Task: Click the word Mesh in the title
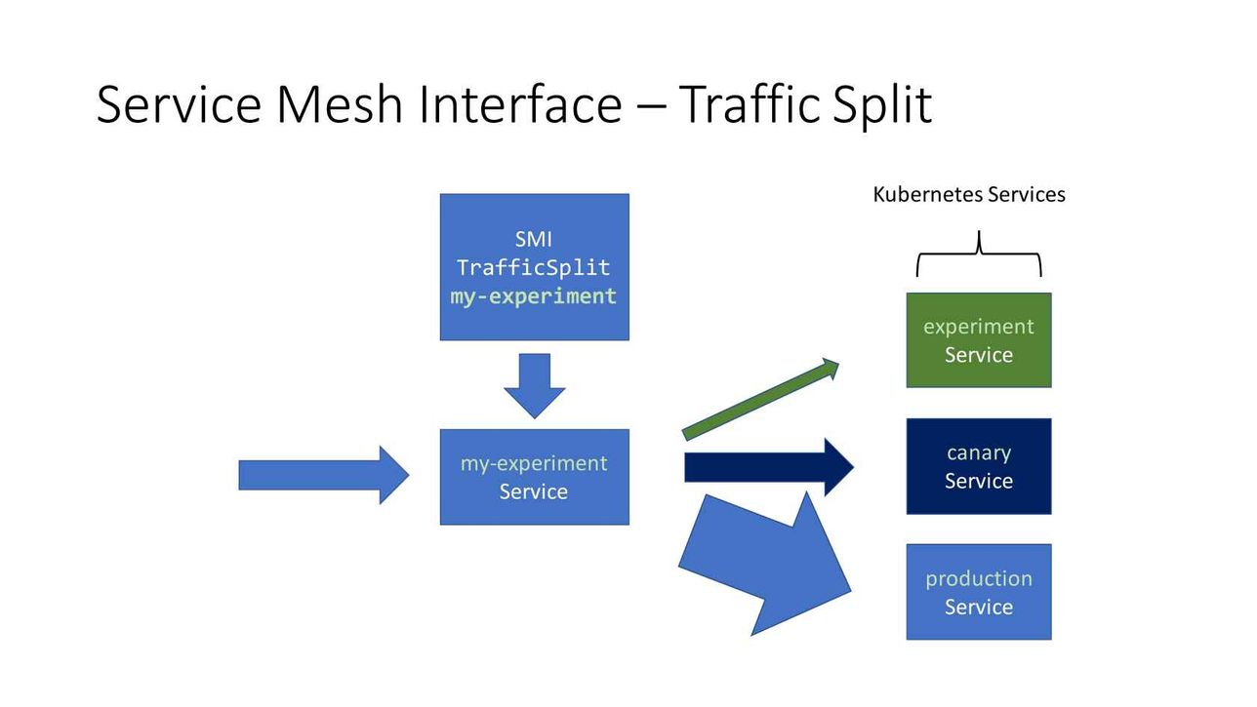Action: pyautogui.click(x=340, y=104)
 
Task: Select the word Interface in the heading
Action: pyautogui.click(x=520, y=104)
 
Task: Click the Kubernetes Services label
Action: pyautogui.click(x=968, y=195)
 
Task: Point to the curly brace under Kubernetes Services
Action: pyautogui.click(x=979, y=254)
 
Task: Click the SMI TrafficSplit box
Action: pyautogui.click(x=534, y=267)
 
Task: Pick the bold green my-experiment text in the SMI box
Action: pyautogui.click(x=533, y=296)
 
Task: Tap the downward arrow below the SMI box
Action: pyautogui.click(x=534, y=386)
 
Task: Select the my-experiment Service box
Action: pyautogui.click(x=534, y=477)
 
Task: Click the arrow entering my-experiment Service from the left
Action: pyautogui.click(x=324, y=476)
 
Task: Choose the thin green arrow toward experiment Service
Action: pyautogui.click(x=760, y=399)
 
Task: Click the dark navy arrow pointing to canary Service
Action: pyautogui.click(x=769, y=467)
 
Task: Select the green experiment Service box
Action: pyautogui.click(x=979, y=339)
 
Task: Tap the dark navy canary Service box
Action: pyautogui.click(x=979, y=466)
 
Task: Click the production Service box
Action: pyautogui.click(x=979, y=592)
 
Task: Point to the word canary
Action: pyautogui.click(x=979, y=452)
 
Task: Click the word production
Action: pyautogui.click(x=979, y=579)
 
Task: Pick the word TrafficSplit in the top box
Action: pyautogui.click(x=533, y=267)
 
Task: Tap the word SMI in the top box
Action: pyautogui.click(x=533, y=239)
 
